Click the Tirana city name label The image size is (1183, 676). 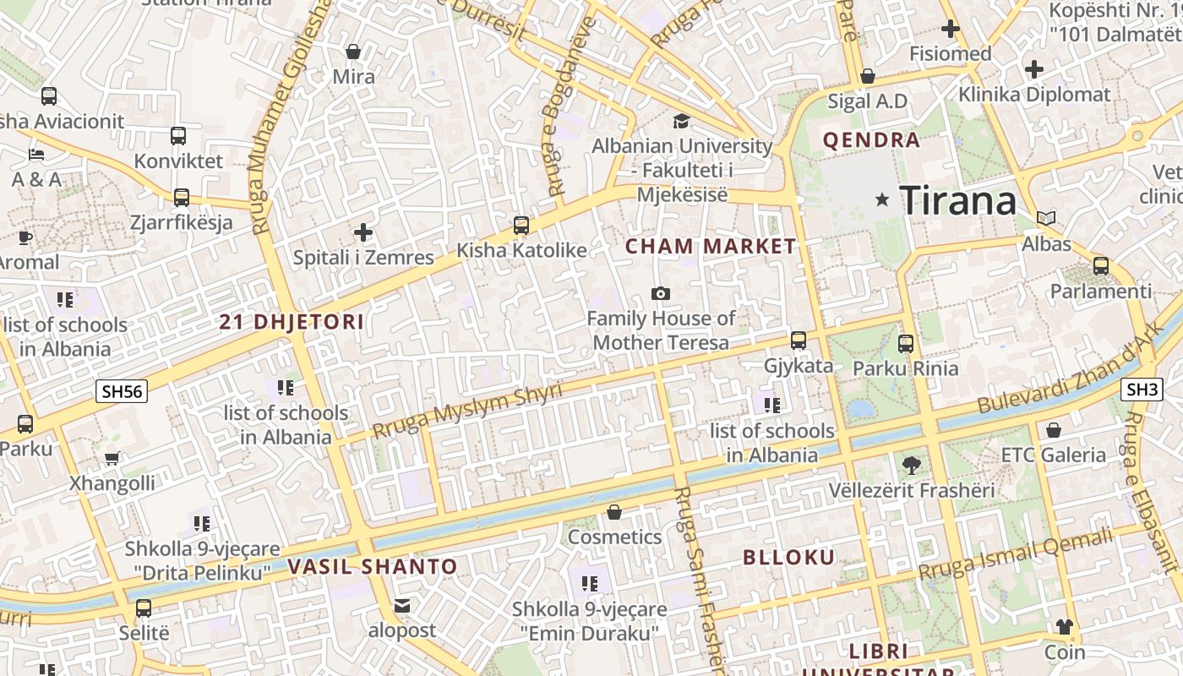pos(957,201)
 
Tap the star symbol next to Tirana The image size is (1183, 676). pos(882,200)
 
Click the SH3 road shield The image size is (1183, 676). pos(1142,390)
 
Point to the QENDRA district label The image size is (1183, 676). pos(871,140)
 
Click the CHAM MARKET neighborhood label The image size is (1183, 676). pos(711,247)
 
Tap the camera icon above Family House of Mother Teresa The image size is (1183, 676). pos(661,293)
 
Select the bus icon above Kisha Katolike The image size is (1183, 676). pos(521,226)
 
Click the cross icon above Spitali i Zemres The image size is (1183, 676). pos(363,232)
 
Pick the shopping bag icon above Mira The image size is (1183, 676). pos(353,52)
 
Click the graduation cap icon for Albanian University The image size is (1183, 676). pos(681,121)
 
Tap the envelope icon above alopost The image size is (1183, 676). pos(402,606)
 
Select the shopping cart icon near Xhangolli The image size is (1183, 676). pos(112,458)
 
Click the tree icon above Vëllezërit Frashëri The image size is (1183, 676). pos(911,465)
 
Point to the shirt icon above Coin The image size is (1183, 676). pos(1064,627)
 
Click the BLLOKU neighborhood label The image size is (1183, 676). pos(788,557)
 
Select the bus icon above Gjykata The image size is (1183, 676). pos(799,341)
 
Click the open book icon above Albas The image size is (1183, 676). pos(1046,218)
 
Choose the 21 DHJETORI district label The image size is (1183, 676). pos(292,322)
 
